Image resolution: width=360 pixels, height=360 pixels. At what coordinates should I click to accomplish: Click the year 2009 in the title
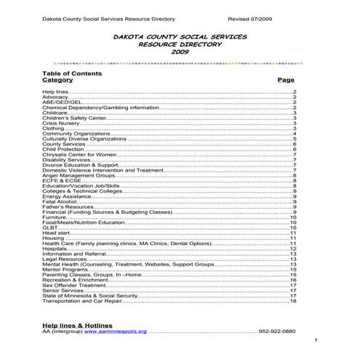[180, 53]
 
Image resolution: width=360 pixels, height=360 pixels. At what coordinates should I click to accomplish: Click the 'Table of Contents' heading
[72, 73]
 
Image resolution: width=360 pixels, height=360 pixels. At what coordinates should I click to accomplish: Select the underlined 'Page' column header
[286, 80]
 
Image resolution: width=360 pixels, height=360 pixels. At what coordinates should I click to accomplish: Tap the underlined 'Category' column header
[57, 80]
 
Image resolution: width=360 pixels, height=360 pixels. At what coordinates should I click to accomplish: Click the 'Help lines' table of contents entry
[55, 93]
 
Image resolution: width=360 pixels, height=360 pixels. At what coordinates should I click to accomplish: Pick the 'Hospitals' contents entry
[56, 248]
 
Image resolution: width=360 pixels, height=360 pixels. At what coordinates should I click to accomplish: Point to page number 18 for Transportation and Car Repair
[292, 302]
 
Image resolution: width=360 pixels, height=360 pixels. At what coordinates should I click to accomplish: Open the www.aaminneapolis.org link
[116, 332]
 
